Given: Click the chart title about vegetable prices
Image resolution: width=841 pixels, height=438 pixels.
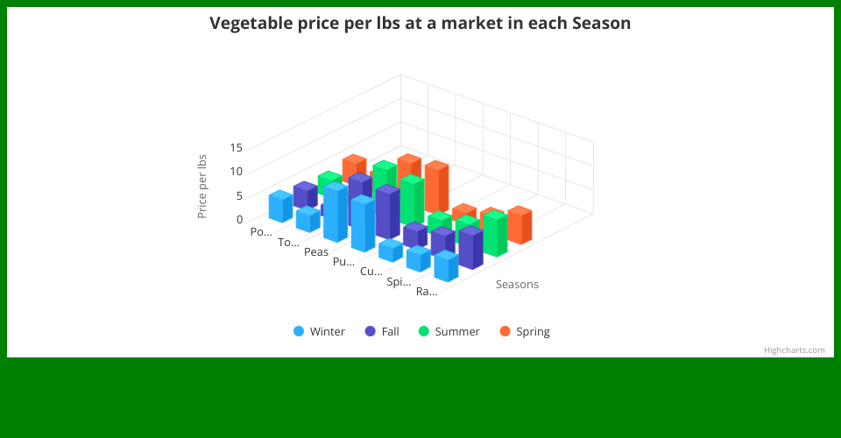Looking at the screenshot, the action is [420, 23].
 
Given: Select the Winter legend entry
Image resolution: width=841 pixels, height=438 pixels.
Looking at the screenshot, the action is [319, 331].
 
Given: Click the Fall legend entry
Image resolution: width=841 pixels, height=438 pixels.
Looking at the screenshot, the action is [382, 331].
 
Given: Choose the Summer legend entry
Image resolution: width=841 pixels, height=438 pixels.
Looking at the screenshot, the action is [449, 331].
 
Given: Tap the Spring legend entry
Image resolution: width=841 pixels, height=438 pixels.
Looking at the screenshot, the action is [525, 331].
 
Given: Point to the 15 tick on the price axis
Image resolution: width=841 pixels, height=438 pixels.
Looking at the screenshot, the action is [236, 147].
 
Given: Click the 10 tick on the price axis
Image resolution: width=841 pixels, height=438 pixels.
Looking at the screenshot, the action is [236, 172].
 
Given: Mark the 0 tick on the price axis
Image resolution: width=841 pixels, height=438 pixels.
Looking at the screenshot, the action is [239, 219].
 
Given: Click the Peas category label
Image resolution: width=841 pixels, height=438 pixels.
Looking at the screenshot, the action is [316, 252].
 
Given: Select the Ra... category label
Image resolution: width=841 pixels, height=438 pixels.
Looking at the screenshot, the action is [427, 292].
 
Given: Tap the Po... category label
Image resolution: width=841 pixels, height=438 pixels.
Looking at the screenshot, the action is [261, 232].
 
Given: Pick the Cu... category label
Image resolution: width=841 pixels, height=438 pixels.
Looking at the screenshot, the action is [371, 272].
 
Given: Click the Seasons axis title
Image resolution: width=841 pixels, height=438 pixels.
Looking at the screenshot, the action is [517, 284].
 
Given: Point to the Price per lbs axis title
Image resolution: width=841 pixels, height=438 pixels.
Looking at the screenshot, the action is [201, 187].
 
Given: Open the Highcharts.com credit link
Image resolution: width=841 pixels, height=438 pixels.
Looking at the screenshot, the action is [795, 350].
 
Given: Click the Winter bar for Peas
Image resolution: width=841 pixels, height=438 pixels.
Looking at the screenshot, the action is [336, 212].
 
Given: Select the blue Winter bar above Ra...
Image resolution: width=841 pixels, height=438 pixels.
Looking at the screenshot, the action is [446, 266].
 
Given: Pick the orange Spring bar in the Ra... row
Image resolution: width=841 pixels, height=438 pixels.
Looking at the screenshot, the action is [519, 225].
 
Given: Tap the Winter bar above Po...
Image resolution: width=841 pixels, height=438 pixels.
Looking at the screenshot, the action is [280, 207].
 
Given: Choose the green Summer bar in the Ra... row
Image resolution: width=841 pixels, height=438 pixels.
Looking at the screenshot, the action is [495, 234].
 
